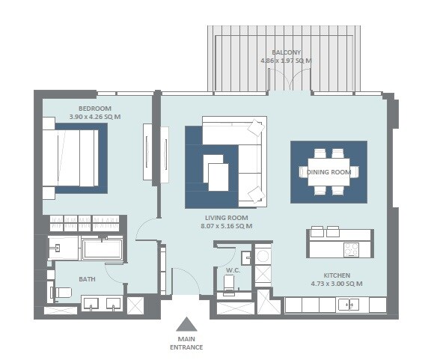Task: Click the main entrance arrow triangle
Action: (x=186, y=323)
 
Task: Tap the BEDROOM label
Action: (x=94, y=109)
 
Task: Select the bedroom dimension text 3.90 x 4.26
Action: (x=94, y=118)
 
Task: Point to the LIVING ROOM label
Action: (x=226, y=217)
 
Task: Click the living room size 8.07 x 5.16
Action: (x=226, y=226)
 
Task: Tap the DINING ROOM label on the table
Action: (x=328, y=172)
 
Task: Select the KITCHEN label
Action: (x=337, y=275)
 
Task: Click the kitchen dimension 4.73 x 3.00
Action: (x=337, y=284)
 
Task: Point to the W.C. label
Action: (x=232, y=269)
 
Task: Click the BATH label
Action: (x=88, y=278)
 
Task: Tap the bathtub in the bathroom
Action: (x=102, y=249)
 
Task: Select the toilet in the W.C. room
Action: (x=230, y=283)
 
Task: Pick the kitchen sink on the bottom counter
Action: (x=346, y=305)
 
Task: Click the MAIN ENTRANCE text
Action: (x=186, y=343)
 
